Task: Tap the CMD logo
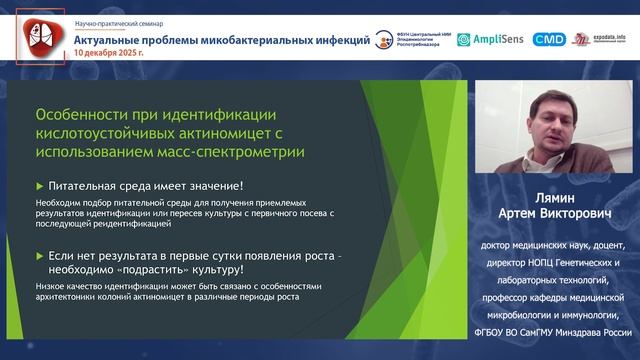(548, 39)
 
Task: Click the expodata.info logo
(601, 39)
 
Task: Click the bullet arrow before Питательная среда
(39, 185)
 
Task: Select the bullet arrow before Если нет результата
(39, 258)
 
